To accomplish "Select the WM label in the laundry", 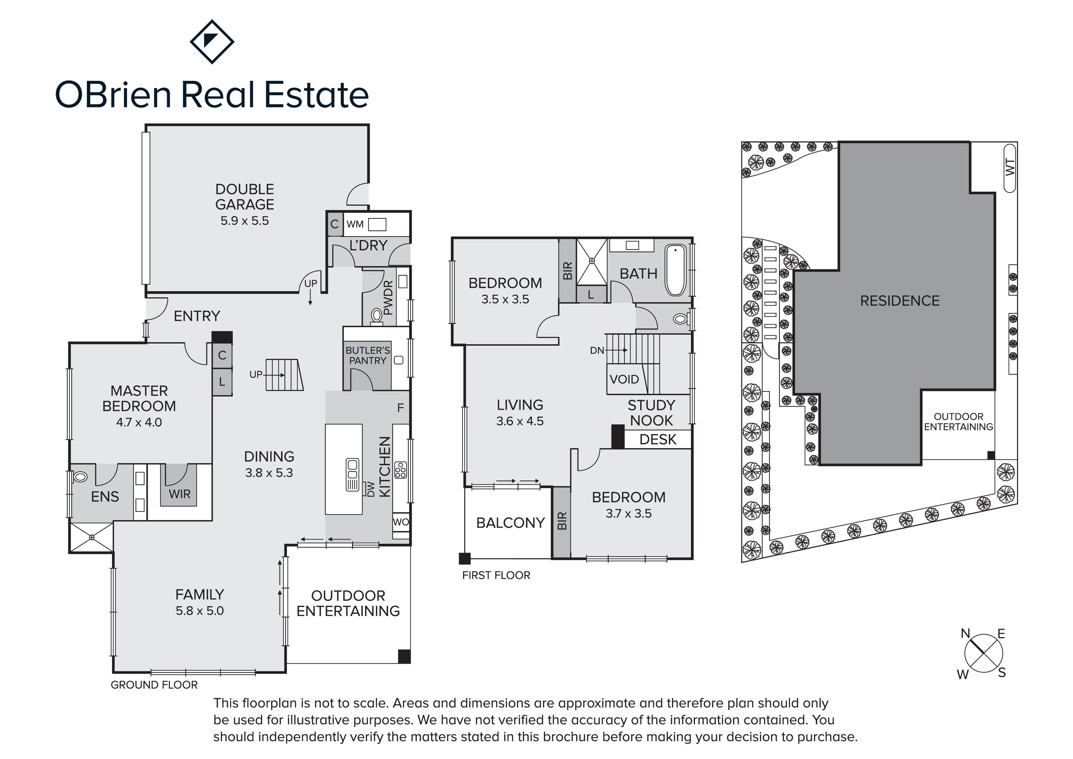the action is pos(355,224).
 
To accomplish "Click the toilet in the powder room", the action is pos(377,316).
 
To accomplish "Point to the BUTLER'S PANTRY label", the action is pos(368,355).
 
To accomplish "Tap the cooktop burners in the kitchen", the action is pos(400,470).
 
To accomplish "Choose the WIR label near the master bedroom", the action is pos(180,494).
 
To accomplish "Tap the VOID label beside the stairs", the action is pos(624,379).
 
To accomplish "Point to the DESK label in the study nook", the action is pos(658,440).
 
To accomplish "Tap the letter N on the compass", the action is pos(965,634).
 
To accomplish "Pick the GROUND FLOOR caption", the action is pos(154,685).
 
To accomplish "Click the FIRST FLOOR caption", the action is pos(496,575).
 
